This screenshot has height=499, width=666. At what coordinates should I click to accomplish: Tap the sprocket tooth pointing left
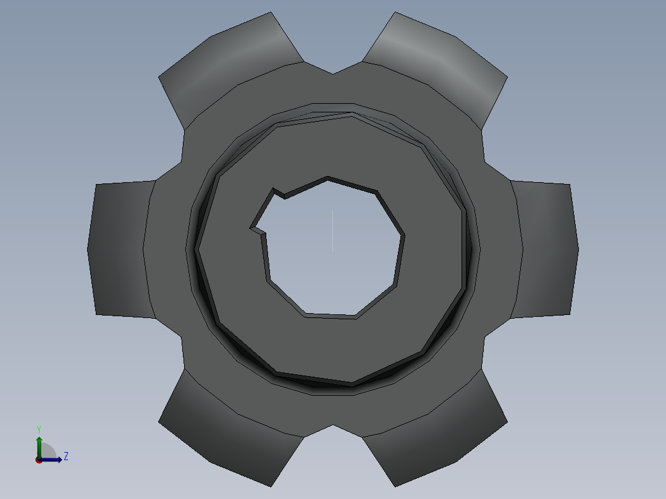point(121,249)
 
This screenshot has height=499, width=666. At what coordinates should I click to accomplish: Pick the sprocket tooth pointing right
point(545,249)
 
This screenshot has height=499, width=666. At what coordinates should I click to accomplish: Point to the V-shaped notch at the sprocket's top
point(333,68)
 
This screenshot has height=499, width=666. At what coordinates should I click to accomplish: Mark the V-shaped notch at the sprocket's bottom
point(333,430)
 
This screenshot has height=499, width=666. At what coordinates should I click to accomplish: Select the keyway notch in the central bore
point(266,212)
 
